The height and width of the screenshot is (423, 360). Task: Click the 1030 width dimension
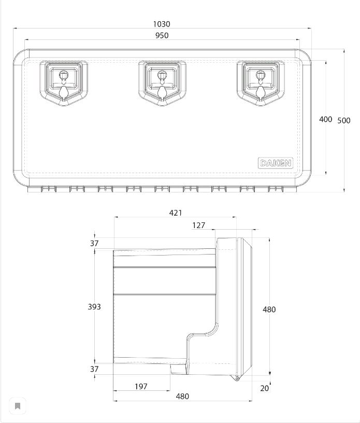click(x=162, y=24)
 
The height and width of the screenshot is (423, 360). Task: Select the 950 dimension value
click(x=162, y=35)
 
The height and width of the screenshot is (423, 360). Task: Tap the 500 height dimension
click(x=344, y=120)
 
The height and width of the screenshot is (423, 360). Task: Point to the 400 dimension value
click(x=325, y=119)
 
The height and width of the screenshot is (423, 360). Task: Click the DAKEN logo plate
click(x=276, y=163)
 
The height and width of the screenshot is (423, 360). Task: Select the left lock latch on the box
click(x=64, y=83)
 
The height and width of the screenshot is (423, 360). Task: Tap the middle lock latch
click(x=162, y=83)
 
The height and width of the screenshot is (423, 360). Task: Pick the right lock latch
click(x=261, y=83)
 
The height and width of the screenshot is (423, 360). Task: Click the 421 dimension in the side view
click(x=176, y=213)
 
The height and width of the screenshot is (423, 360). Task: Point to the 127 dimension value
click(x=199, y=225)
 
